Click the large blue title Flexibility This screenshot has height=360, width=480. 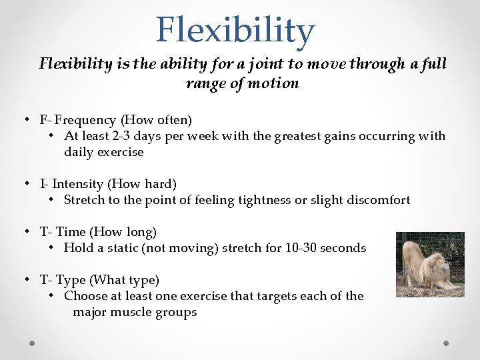[x=235, y=30]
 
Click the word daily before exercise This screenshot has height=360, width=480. [x=80, y=152]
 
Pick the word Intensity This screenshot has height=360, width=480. [x=79, y=183]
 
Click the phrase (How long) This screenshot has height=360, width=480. [x=123, y=231]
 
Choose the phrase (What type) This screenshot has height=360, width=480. [x=125, y=279]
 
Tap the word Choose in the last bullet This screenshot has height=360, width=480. [x=85, y=295]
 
